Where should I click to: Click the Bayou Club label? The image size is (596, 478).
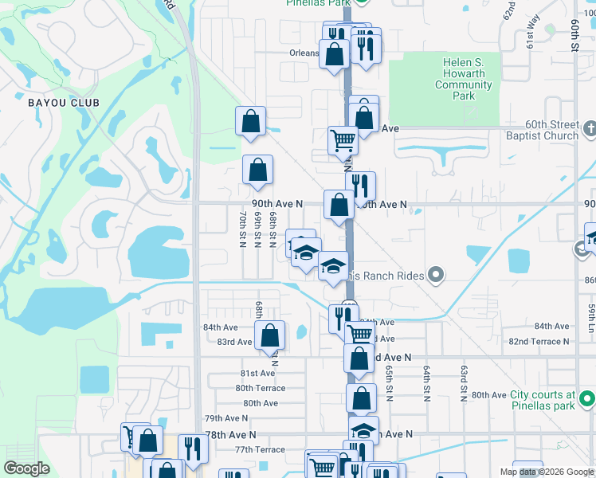click(x=63, y=103)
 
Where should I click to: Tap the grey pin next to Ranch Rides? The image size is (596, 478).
click(x=435, y=276)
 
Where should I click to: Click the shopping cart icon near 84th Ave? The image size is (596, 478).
click(x=360, y=334)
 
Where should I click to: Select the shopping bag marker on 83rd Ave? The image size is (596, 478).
click(x=270, y=335)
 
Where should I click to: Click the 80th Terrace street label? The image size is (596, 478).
click(x=260, y=388)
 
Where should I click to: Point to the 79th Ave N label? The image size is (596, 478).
click(x=226, y=418)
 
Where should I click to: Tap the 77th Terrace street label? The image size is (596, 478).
click(x=260, y=450)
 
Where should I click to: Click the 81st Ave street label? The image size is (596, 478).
click(x=258, y=373)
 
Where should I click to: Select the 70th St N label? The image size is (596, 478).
click(x=242, y=229)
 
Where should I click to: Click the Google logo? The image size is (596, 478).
click(x=26, y=468)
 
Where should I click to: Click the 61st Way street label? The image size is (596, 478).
click(x=531, y=40)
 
